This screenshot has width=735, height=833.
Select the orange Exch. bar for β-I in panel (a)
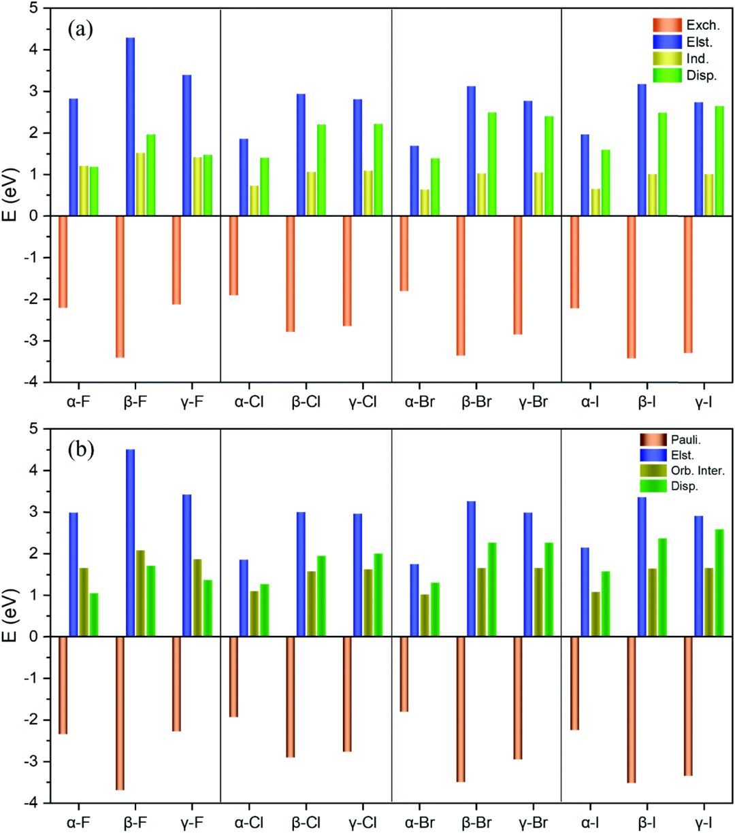click(x=631, y=286)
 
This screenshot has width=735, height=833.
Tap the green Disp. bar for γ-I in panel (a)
click(x=719, y=160)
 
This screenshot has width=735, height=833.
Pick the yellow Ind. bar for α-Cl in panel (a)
click(x=254, y=201)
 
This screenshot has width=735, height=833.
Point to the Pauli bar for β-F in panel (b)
click(x=120, y=713)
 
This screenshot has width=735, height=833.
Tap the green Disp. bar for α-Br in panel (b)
click(x=435, y=609)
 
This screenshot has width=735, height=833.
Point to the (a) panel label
click(x=81, y=29)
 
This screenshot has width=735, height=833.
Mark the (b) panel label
click(x=81, y=449)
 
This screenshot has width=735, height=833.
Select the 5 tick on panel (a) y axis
click(x=35, y=9)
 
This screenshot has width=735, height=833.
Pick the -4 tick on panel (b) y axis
click(x=32, y=803)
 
